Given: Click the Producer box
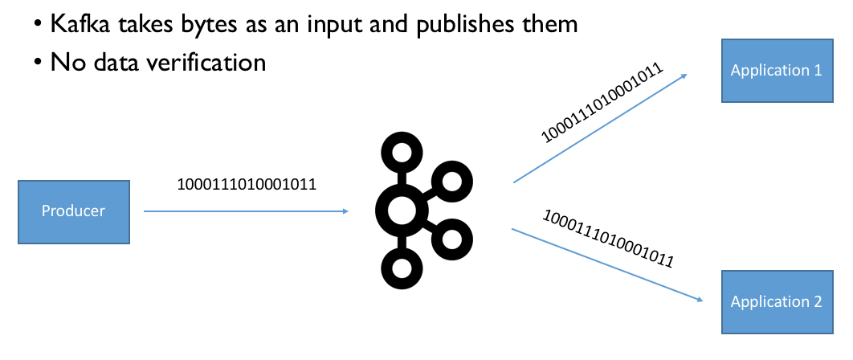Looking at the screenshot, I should click(x=74, y=211).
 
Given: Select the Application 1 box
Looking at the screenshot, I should click(x=776, y=71).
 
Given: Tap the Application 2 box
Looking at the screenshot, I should click(x=776, y=302).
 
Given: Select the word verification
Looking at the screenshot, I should click(x=198, y=61).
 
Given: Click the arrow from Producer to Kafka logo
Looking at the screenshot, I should click(x=245, y=211).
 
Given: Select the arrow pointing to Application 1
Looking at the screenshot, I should click(x=599, y=129).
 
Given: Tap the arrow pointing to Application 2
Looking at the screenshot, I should click(x=607, y=265).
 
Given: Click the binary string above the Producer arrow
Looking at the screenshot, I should click(x=247, y=184).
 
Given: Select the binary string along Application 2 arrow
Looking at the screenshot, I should click(x=607, y=239).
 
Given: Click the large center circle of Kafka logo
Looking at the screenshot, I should click(x=402, y=211).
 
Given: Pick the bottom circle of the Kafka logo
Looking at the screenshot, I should click(x=401, y=267).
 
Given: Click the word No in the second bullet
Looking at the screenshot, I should click(x=64, y=61).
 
